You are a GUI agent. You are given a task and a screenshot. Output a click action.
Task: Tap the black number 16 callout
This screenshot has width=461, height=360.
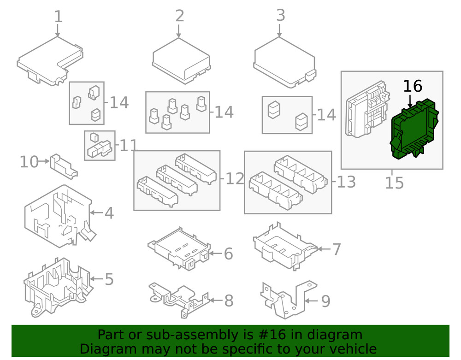413,86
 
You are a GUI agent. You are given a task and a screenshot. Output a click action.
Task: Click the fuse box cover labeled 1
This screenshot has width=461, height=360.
50,62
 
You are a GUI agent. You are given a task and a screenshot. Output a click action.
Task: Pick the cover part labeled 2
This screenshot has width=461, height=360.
181,61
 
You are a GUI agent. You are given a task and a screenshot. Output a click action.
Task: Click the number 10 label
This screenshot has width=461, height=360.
29,162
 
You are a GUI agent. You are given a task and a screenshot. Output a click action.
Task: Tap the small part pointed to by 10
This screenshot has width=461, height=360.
64,166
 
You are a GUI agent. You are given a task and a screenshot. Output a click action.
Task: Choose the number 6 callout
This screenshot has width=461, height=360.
228,254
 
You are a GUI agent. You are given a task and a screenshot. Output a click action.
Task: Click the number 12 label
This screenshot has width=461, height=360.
234,179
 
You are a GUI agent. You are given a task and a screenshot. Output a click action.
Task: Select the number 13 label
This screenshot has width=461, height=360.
346,182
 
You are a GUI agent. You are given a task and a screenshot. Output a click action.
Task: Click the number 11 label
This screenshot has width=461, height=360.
129,146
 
